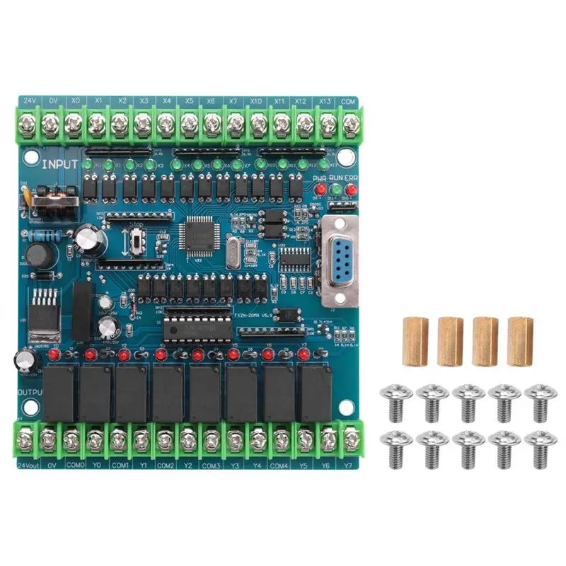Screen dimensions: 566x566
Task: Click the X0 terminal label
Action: click(x=74, y=101)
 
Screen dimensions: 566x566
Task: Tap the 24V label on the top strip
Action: click(x=30, y=101)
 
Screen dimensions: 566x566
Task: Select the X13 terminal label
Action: click(x=325, y=101)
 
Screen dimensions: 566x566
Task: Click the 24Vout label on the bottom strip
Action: click(x=28, y=466)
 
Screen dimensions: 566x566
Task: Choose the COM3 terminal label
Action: click(x=211, y=466)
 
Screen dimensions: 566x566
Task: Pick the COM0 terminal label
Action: click(x=73, y=466)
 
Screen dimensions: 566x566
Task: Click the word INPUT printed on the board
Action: click(x=59, y=166)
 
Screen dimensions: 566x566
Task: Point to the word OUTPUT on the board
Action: click(x=28, y=390)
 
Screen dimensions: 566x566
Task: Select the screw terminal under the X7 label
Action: click(x=234, y=126)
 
